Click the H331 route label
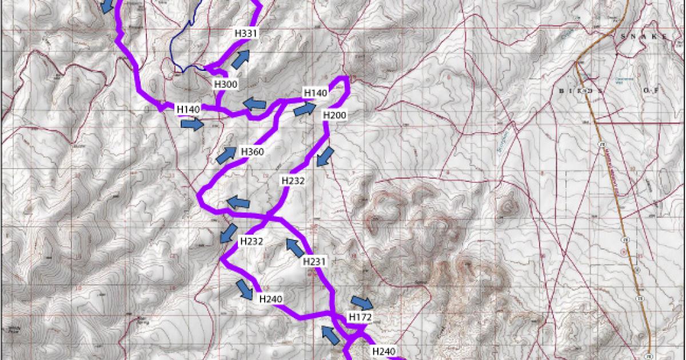point(246,34)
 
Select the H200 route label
point(334,114)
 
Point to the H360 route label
point(252,151)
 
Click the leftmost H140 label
point(188,109)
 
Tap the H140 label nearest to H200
point(315,93)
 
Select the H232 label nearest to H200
point(293,180)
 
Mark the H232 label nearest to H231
point(251,241)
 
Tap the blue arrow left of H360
point(226,154)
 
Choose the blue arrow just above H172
point(361,302)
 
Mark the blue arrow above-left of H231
point(295,247)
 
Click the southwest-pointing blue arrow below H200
point(326,156)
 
